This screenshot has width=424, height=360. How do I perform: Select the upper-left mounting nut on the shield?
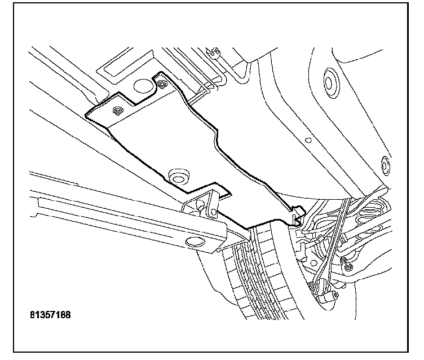[x=118, y=110]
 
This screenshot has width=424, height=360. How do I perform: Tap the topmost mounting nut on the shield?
[x=162, y=85]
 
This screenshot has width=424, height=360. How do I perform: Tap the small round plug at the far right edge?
[x=386, y=165]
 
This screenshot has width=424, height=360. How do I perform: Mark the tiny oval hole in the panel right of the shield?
[x=308, y=138]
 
